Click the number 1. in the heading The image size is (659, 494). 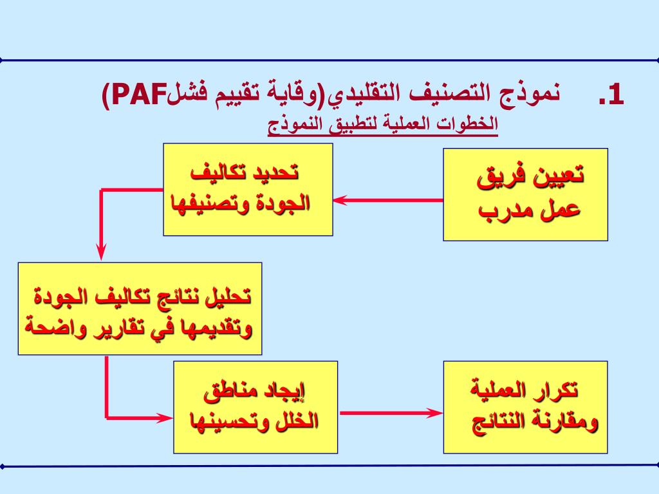611,95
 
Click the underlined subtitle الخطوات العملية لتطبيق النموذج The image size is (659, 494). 383,123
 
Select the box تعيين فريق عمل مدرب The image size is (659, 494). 526,194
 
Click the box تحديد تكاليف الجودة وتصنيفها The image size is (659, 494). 248,189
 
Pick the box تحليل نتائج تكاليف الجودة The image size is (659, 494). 140,309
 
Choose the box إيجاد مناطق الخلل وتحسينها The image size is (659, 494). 255,407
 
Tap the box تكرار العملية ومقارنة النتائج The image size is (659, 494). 526,407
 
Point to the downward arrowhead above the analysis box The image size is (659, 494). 102,253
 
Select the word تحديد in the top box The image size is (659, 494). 276,173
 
